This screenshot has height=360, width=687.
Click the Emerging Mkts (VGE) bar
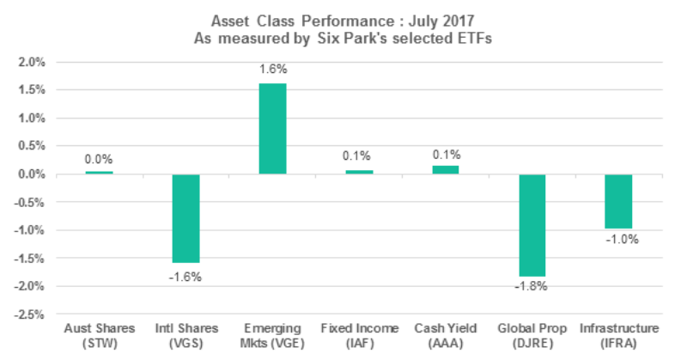click(272, 129)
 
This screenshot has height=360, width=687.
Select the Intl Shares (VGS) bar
click(185, 218)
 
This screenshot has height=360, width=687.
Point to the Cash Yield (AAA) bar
click(447, 170)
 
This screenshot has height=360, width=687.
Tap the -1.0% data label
click(620, 240)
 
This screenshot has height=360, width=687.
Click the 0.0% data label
click(99, 159)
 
